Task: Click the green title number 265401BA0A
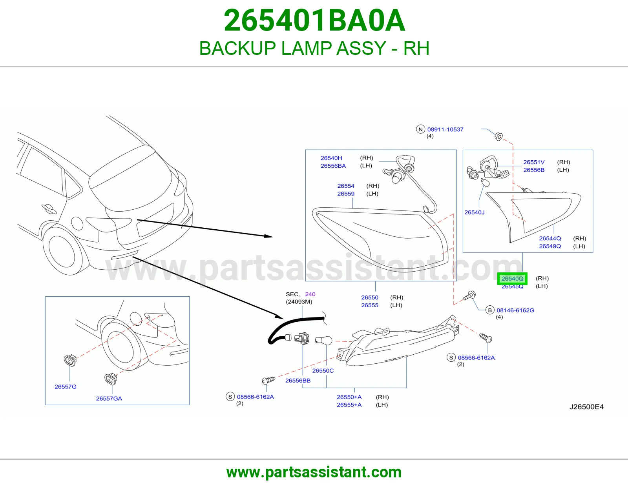click(x=314, y=20)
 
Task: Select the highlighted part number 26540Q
click(x=512, y=279)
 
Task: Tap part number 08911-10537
click(x=445, y=129)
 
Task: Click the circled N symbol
click(x=420, y=129)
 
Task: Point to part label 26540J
click(x=474, y=212)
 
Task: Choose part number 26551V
click(x=534, y=162)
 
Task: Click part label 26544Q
click(x=549, y=238)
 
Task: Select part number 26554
click(x=346, y=186)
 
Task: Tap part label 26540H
click(x=331, y=158)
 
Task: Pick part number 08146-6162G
click(x=515, y=310)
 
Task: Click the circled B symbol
click(x=489, y=310)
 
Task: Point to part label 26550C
click(x=323, y=370)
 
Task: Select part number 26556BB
click(x=298, y=380)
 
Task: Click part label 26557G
click(x=66, y=386)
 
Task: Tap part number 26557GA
click(x=109, y=398)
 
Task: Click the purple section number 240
click(x=310, y=294)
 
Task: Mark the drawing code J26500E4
click(x=586, y=407)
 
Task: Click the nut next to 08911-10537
click(x=498, y=136)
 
